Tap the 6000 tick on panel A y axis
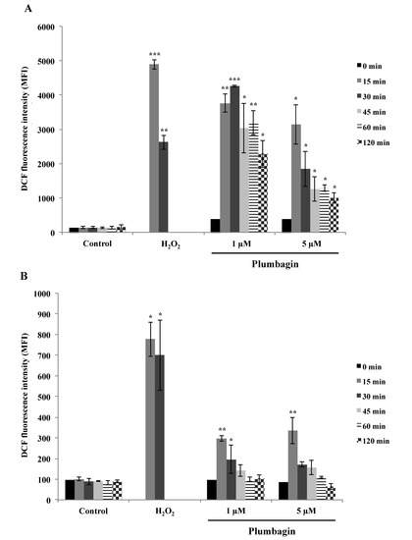click(50, 27)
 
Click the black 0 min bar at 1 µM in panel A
click(215, 225)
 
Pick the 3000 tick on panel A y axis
click(50, 130)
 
